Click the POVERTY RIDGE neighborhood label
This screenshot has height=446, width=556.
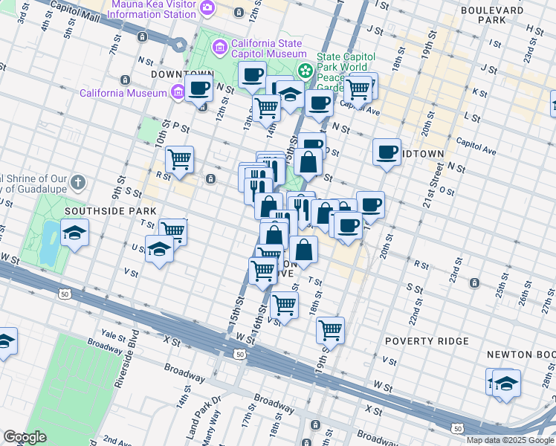[x=427, y=341]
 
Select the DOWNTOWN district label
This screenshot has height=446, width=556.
[x=182, y=75]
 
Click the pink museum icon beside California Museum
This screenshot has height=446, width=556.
[x=177, y=93]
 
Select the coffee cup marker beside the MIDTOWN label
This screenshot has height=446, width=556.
[x=387, y=152]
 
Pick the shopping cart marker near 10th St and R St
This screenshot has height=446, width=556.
[x=180, y=159]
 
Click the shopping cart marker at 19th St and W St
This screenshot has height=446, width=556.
[x=330, y=329]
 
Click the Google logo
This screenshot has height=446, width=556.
[x=25, y=437]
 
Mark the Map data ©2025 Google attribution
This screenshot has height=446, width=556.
[x=510, y=440]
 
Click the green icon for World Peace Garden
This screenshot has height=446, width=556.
[x=305, y=71]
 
